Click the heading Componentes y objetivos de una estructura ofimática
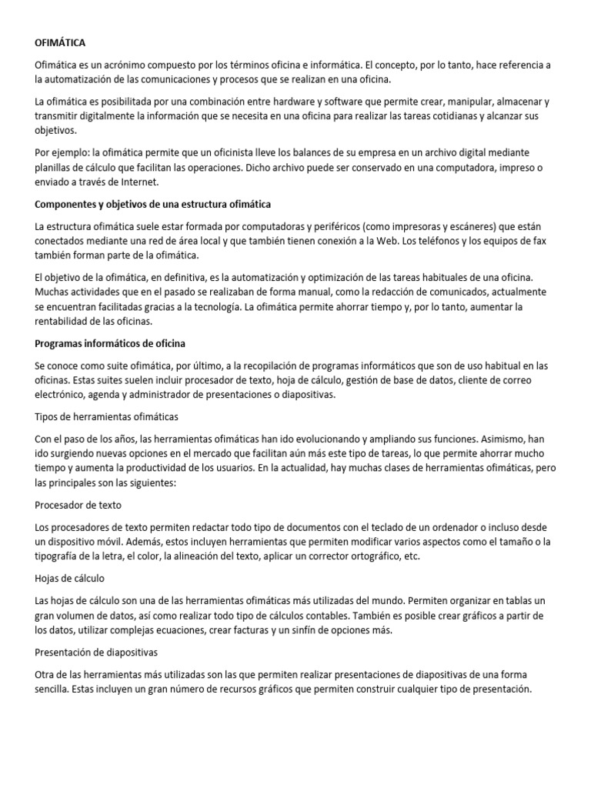pos(152,204)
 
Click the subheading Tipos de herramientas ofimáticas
pos(107,416)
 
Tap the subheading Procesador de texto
pos(78,505)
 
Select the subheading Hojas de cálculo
pos(70,577)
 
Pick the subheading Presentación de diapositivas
pos(96,651)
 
